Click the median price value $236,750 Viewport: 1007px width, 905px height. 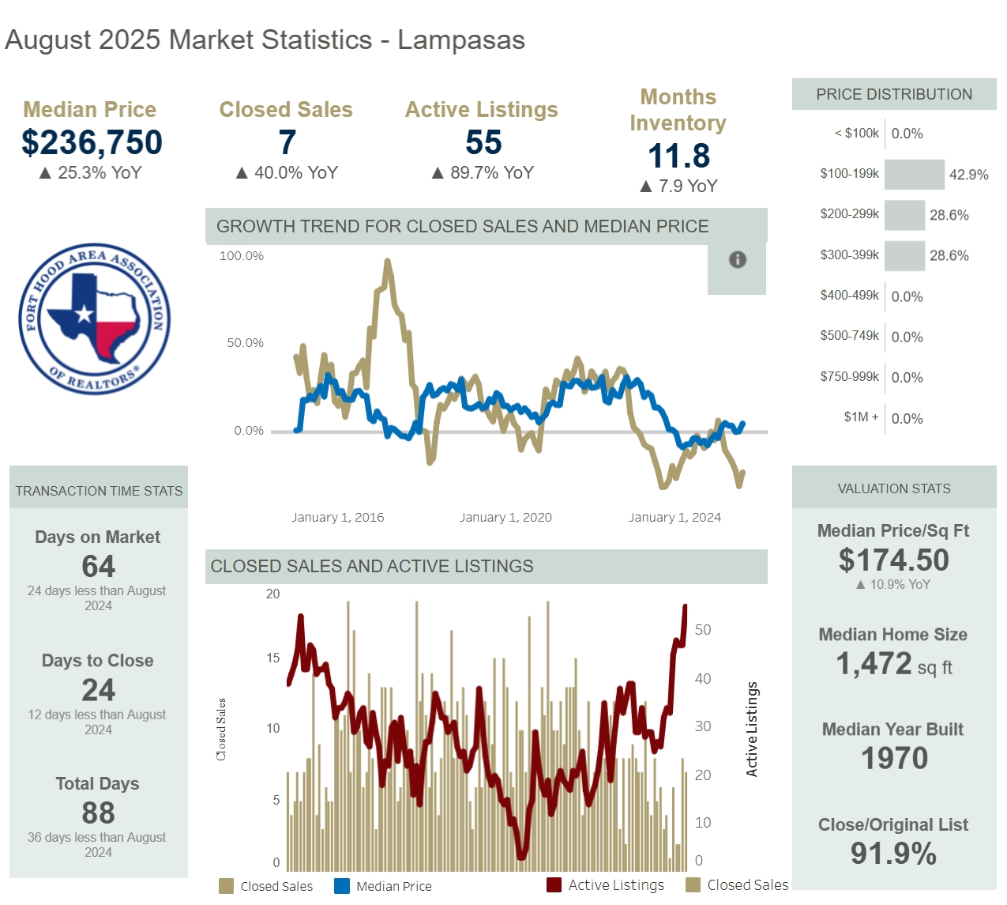[x=92, y=143]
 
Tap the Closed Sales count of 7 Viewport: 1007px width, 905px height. [x=287, y=143]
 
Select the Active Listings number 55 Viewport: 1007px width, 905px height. [x=483, y=143]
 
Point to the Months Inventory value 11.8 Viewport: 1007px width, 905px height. [x=678, y=156]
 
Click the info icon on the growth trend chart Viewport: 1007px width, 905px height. [x=737, y=259]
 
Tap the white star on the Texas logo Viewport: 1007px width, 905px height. [x=85, y=314]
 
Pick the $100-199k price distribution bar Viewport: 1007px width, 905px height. [x=914, y=175]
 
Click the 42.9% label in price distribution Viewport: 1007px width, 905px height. [x=968, y=175]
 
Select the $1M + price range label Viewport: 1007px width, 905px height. [x=860, y=417]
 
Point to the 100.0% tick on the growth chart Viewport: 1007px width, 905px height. [x=242, y=256]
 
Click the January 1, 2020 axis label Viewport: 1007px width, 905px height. [x=505, y=518]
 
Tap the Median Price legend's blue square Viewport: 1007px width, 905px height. [x=341, y=886]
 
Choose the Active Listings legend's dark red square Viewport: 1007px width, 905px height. [x=554, y=885]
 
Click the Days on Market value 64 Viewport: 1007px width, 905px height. [x=98, y=567]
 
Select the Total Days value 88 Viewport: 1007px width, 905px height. [x=98, y=813]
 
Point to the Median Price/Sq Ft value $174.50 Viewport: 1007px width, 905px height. [x=893, y=560]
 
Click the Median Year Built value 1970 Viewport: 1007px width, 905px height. [x=893, y=759]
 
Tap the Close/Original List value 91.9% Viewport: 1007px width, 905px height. [x=893, y=854]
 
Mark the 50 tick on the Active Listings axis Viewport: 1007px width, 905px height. [x=702, y=630]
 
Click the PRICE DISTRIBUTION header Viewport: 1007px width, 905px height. [x=893, y=95]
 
